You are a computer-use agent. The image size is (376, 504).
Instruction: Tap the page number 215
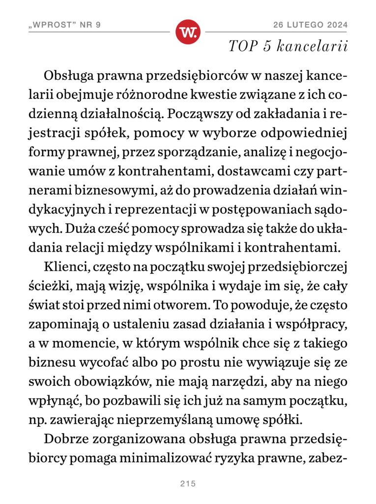188,484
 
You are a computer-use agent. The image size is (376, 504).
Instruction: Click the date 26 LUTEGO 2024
311,25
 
